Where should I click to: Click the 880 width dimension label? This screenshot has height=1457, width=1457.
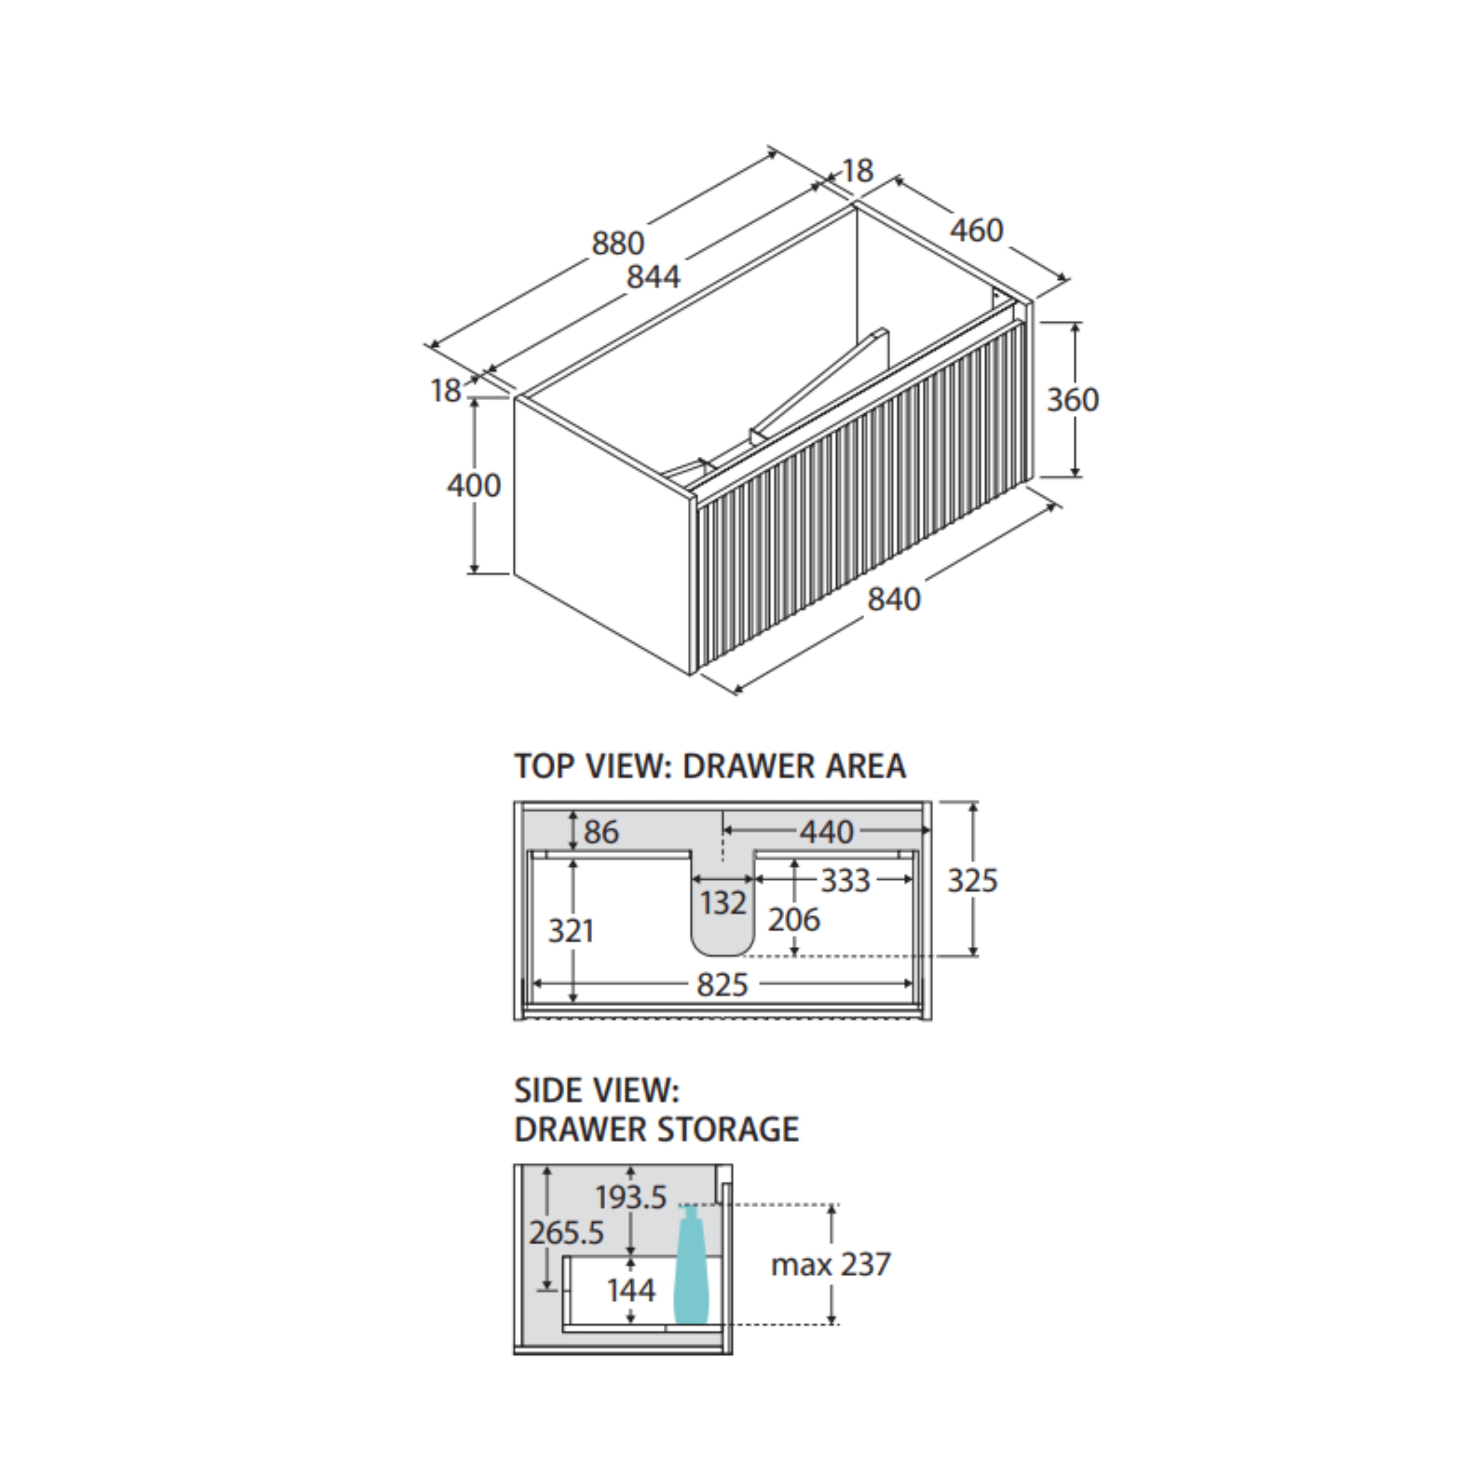[x=618, y=243]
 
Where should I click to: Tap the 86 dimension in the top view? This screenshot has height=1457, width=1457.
[x=601, y=832]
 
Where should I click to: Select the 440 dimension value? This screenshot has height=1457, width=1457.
[x=826, y=832]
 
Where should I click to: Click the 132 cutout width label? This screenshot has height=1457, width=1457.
[x=723, y=903]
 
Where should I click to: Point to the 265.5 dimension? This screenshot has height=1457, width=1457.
[x=566, y=1233]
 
